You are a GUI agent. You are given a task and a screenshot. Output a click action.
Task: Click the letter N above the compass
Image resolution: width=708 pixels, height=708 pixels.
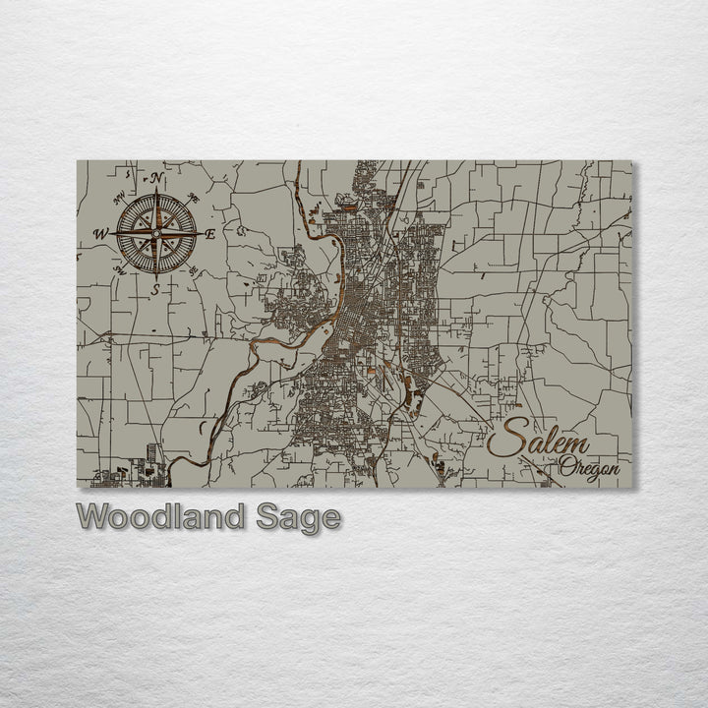click(156, 178)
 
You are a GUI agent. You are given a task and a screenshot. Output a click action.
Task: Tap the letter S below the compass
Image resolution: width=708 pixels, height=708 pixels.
click(156, 290)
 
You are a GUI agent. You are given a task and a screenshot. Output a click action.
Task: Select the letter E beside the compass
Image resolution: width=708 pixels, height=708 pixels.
click(210, 233)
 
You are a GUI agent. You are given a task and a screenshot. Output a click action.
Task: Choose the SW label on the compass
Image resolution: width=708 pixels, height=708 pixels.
click(119, 268)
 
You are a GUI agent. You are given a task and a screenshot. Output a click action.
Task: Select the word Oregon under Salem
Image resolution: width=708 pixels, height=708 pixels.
click(590, 467)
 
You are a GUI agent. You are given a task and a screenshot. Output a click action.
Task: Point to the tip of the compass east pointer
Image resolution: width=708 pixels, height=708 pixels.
click(201, 233)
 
